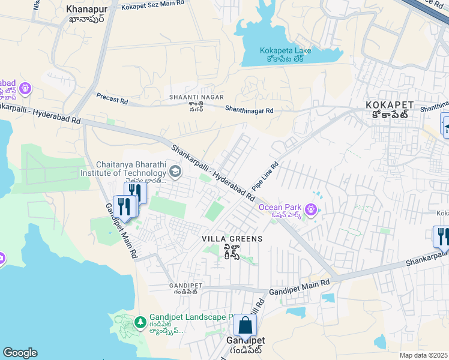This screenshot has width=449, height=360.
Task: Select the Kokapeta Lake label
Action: pyautogui.click(x=286, y=51)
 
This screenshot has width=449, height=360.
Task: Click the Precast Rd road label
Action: pyautogui.click(x=112, y=98)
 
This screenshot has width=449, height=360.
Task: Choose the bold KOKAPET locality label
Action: pyautogui.click(x=387, y=105)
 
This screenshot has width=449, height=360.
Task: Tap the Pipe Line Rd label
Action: pyautogui.click(x=266, y=176)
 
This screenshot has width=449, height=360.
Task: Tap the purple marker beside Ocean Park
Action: pyautogui.click(x=310, y=209)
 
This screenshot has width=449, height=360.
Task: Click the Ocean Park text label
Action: pyautogui.click(x=279, y=208)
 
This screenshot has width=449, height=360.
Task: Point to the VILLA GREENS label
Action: pyautogui.click(x=232, y=239)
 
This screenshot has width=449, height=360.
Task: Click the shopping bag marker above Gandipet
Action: pyautogui.click(x=245, y=326)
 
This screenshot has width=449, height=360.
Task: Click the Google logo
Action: pyautogui.click(x=20, y=353)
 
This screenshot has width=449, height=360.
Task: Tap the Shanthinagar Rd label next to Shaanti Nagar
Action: pyautogui.click(x=249, y=110)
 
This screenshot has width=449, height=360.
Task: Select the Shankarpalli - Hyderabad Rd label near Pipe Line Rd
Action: pyautogui.click(x=213, y=172)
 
